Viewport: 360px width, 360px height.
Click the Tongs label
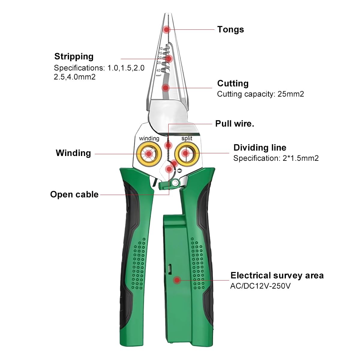[x=230, y=29]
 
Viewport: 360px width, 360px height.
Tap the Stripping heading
[x=74, y=57]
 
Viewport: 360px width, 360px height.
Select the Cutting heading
[x=233, y=83]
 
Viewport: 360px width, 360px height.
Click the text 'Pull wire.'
[x=235, y=124]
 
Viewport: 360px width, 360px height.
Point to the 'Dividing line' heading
[x=260, y=148]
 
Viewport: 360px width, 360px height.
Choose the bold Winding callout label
[x=73, y=153]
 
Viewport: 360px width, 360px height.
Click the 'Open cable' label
[x=74, y=194]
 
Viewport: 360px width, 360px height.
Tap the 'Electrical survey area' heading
[x=277, y=276]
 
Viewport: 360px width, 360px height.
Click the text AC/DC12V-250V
[x=260, y=286]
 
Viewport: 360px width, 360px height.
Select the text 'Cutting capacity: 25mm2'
[x=260, y=94]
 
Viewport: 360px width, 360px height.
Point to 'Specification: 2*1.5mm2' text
[x=276, y=158]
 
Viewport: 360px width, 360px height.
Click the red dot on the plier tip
[x=166, y=29]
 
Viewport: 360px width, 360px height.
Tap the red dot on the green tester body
[x=177, y=280]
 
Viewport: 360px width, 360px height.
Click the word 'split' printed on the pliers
[x=187, y=138]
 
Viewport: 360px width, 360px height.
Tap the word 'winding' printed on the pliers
[x=149, y=139]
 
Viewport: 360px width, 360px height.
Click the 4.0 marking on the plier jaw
[x=158, y=70]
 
